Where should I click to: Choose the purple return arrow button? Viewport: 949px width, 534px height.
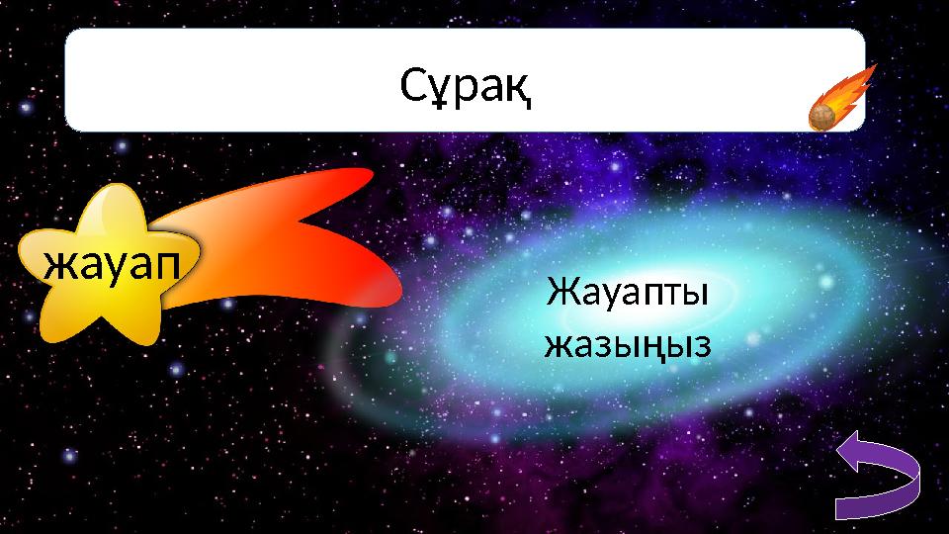coord(878,479)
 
